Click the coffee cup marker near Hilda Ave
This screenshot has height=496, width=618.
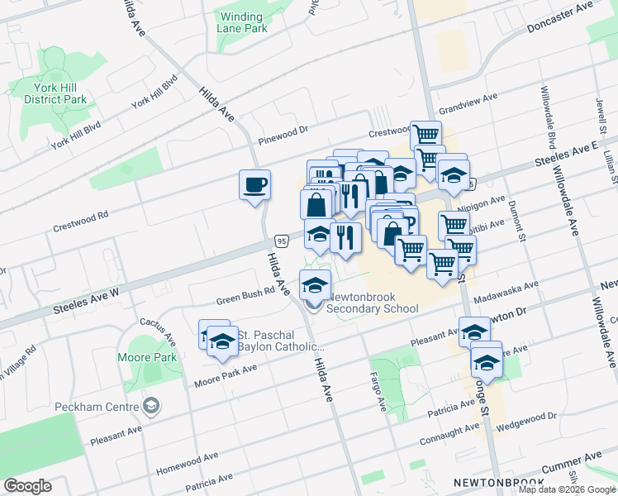254,184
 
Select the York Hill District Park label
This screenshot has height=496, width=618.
55,93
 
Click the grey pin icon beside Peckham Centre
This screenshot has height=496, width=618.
150,405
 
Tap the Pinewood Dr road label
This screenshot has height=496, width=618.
282,130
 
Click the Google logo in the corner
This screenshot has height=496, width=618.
27,486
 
